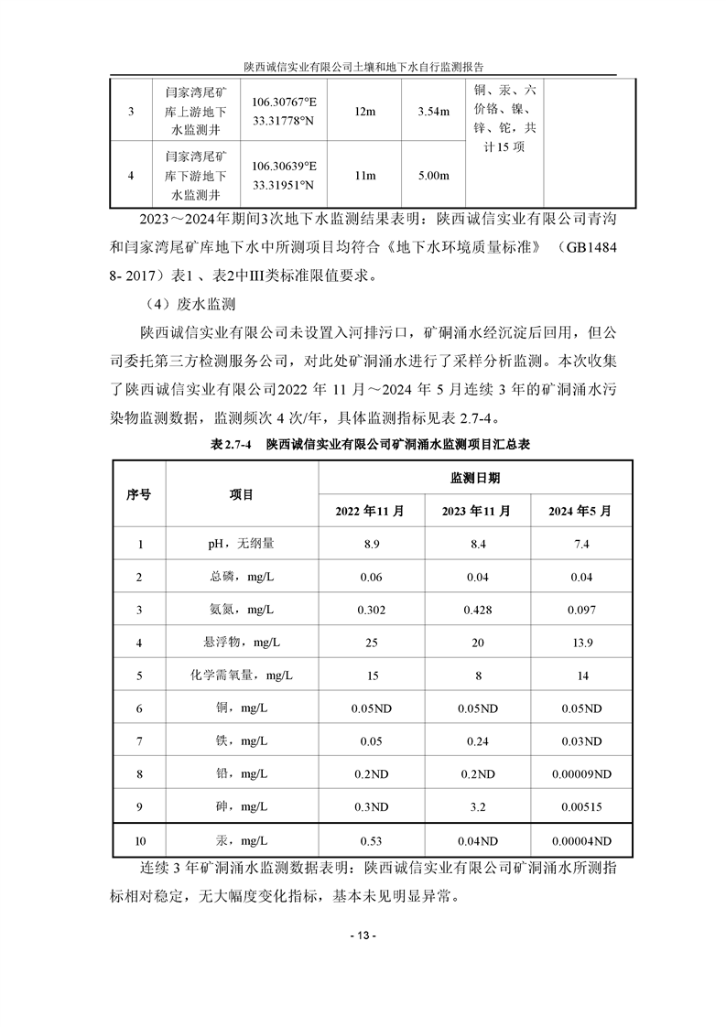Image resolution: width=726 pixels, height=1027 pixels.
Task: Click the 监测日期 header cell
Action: point(475,479)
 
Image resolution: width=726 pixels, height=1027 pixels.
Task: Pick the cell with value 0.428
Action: point(475,610)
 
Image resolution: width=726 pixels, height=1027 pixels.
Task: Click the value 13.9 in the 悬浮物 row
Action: point(580,643)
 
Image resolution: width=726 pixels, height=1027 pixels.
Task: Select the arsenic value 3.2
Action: point(475,806)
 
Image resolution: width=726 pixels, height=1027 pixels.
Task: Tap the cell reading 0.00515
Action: point(580,806)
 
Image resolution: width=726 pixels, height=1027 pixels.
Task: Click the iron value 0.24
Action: point(475,741)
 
